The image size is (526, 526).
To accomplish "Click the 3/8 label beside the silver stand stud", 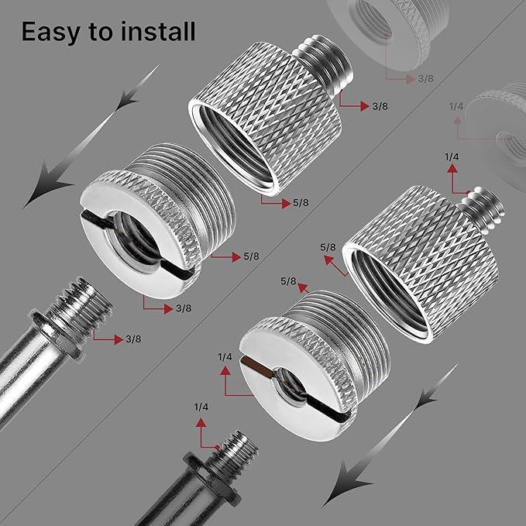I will point(123,339).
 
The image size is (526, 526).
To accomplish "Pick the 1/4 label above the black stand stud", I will point(201,407).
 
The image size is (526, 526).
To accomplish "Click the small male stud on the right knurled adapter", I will point(477,206).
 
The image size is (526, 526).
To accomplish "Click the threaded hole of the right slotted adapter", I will point(286,379).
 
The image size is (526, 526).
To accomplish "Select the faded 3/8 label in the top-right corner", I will point(425,79).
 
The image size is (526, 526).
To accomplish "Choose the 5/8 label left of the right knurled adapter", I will point(327,247).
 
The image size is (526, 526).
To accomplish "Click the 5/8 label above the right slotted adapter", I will point(289,280).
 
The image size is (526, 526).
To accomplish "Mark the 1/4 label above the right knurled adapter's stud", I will point(452,157).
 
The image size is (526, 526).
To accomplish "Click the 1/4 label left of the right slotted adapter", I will point(225,356).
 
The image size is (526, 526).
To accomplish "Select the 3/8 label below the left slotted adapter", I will point(184,308).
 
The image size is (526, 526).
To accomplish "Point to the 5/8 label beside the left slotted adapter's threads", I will point(250,256).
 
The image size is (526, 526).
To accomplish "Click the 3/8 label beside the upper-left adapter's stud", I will point(380,106).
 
